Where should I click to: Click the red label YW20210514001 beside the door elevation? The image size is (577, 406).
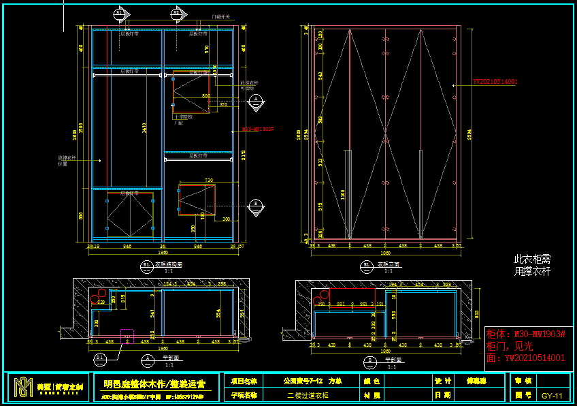coord(495,82)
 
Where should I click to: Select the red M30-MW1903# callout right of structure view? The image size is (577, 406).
coord(257,128)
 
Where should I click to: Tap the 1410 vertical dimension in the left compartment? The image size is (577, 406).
coord(144,127)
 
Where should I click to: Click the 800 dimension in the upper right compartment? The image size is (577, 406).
coord(205,96)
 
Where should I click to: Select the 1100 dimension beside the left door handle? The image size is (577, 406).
coord(344,193)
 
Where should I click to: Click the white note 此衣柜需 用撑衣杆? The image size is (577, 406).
coord(532,266)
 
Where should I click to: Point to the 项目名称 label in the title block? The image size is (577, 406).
coord(244,381)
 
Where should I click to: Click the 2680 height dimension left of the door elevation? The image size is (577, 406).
coord(298,134)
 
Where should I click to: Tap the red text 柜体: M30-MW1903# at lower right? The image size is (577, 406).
coord(525,334)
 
